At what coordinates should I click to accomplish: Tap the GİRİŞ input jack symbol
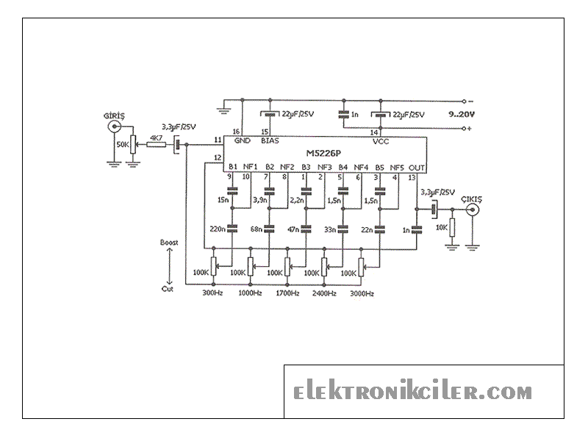(x=115, y=126)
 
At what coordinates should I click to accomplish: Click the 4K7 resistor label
(x=157, y=137)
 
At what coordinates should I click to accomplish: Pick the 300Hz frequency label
(x=212, y=293)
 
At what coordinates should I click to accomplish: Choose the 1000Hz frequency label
(x=251, y=293)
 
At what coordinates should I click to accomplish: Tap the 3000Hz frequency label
(x=361, y=293)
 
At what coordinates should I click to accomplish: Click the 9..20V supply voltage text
(x=462, y=115)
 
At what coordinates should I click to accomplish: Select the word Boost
(x=168, y=242)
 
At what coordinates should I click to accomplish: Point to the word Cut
(x=168, y=289)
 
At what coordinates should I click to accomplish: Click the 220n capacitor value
(x=218, y=229)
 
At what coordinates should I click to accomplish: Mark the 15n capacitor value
(x=223, y=199)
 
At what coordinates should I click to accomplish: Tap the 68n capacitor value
(x=257, y=229)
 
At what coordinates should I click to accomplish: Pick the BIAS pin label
(x=269, y=140)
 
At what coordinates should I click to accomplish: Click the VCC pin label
(x=381, y=140)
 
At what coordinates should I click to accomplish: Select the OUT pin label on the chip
(x=417, y=167)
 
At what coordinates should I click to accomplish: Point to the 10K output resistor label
(x=441, y=228)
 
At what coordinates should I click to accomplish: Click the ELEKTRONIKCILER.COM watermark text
(x=413, y=392)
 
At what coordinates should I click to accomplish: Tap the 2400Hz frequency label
(x=323, y=293)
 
